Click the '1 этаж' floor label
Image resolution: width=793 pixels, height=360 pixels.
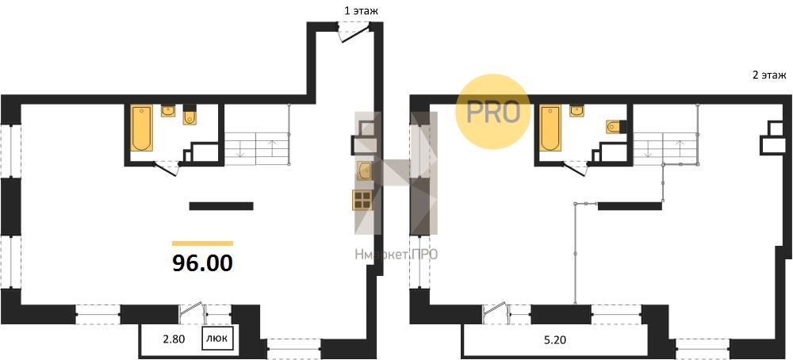point(361,10)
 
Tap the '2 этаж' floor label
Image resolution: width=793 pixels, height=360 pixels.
point(768,76)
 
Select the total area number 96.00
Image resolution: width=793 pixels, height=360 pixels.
point(203,263)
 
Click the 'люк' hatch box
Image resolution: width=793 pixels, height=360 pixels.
point(218,339)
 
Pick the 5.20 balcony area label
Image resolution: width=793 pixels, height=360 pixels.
point(555,340)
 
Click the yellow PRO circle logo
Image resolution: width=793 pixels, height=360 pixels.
point(492,112)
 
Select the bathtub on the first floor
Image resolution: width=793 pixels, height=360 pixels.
point(142,128)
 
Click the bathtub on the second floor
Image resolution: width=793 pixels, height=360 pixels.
point(550,128)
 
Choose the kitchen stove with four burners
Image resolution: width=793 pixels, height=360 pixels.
point(362,199)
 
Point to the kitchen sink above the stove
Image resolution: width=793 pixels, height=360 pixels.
point(364,171)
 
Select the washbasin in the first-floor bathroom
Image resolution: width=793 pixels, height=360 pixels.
point(168,110)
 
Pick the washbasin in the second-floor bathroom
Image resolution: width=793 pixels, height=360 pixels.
point(577,110)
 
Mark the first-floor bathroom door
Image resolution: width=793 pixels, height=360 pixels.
point(166,168)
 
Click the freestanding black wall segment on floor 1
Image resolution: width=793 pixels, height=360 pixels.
point(221,206)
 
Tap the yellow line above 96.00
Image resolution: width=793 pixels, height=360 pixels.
point(203,243)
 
